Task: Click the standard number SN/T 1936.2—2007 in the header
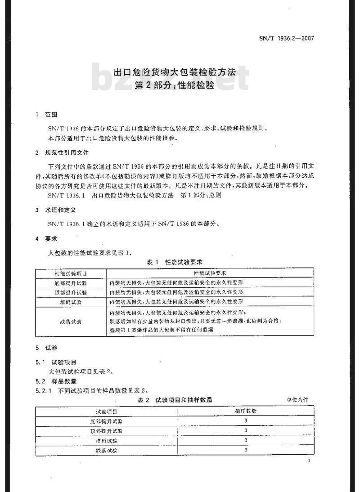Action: pyautogui.click(x=286, y=38)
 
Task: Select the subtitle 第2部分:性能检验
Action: pyautogui.click(x=175, y=85)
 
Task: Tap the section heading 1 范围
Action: pyautogui.click(x=46, y=115)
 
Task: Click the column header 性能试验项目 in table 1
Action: pyautogui.click(x=71, y=273)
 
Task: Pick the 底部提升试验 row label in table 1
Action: pyautogui.click(x=71, y=283)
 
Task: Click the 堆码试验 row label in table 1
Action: pyautogui.click(x=71, y=301)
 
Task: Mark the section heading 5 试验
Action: pyautogui.click(x=46, y=348)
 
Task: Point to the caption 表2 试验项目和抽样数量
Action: pyautogui.click(x=175, y=399)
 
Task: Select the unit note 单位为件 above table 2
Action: pyautogui.click(x=297, y=400)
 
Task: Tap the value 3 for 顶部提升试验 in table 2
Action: pyautogui.click(x=246, y=430)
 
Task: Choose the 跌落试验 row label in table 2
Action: pyautogui.click(x=106, y=449)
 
